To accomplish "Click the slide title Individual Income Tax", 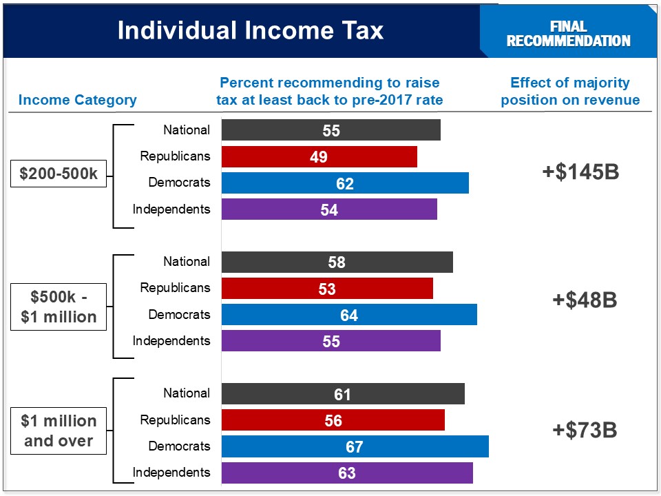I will pyautogui.click(x=250, y=30).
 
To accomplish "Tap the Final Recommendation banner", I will pyautogui.click(x=568, y=34).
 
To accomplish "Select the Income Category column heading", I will pyautogui.click(x=77, y=100).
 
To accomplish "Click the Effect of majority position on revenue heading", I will pyautogui.click(x=570, y=92).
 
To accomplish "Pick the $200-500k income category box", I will pyautogui.click(x=59, y=174).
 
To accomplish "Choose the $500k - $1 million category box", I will pyautogui.click(x=59, y=307).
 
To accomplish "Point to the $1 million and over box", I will pyautogui.click(x=59, y=431).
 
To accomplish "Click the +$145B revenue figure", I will pyautogui.click(x=580, y=172).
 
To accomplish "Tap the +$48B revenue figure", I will pyautogui.click(x=584, y=300).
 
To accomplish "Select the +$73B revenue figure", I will pyautogui.click(x=584, y=431).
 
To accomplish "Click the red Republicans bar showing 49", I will pyautogui.click(x=319, y=157).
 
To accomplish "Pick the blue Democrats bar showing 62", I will pyautogui.click(x=344, y=183).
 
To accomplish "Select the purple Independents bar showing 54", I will pyautogui.click(x=328, y=209).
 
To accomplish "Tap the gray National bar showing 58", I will pyautogui.click(x=337, y=262).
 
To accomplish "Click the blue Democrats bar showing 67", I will pyautogui.click(x=355, y=446).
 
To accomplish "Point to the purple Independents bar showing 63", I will pyautogui.click(x=347, y=473).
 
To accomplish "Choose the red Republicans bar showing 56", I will pyautogui.click(x=333, y=420).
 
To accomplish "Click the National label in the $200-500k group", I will pyautogui.click(x=187, y=130).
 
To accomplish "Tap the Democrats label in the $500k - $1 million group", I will pyautogui.click(x=179, y=315).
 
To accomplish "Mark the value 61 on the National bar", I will pyautogui.click(x=342, y=395).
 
